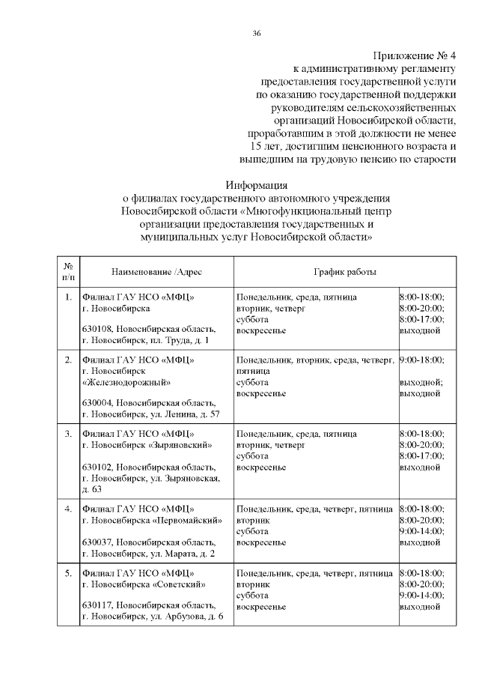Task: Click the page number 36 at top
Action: (x=257, y=34)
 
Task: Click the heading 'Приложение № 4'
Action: (x=414, y=56)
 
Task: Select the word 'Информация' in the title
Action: (x=257, y=185)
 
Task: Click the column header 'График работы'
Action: (x=344, y=270)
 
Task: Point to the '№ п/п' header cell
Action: (x=68, y=270)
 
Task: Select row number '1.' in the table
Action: (x=68, y=297)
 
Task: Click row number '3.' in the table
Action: (x=68, y=434)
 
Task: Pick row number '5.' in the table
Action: (x=68, y=574)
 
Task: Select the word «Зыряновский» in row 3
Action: (x=179, y=444)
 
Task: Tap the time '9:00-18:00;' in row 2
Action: (x=422, y=360)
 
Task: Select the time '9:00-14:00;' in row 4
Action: (x=422, y=530)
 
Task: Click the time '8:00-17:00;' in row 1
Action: (x=422, y=318)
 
